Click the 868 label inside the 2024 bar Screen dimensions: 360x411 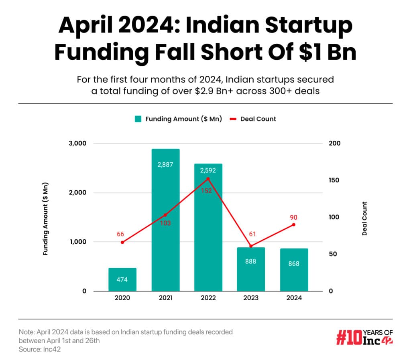click(x=293, y=263)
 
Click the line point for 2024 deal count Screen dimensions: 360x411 click(x=294, y=224)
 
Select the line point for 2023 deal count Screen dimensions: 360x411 click(x=251, y=246)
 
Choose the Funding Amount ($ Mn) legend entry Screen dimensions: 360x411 click(x=178, y=119)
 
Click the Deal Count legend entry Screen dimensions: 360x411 click(x=252, y=119)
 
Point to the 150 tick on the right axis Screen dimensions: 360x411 click(x=334, y=180)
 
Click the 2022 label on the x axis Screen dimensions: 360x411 click(x=208, y=298)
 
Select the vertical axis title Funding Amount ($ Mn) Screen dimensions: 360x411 click(x=46, y=217)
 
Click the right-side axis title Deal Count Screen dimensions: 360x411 click(x=364, y=218)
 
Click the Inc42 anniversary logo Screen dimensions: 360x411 click(x=364, y=337)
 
